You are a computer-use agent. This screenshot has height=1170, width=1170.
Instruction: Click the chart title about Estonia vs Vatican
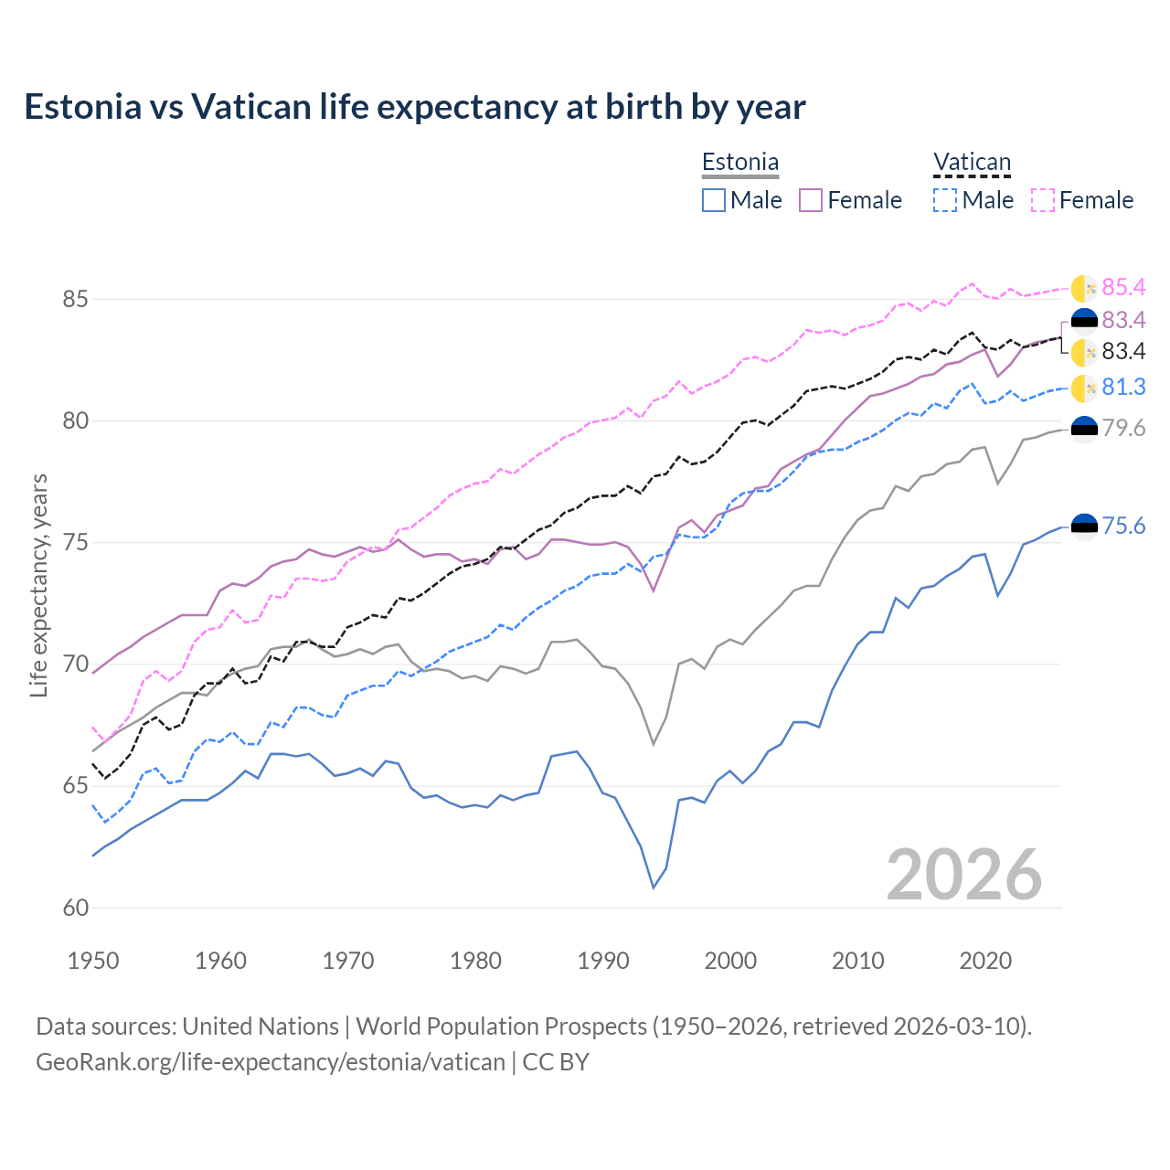tap(415, 107)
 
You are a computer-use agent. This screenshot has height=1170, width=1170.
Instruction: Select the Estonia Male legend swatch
tap(714, 200)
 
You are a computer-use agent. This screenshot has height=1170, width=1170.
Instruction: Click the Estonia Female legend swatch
tap(811, 200)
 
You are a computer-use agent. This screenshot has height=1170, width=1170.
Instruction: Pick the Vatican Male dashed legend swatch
tap(945, 200)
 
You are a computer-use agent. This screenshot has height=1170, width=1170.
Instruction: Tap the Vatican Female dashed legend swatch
tap(1043, 200)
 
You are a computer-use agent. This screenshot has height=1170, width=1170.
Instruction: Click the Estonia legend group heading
tap(740, 163)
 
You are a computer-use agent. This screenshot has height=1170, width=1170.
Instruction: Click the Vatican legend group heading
tap(972, 163)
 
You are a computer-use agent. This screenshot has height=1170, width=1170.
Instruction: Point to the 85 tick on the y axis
tap(50, 299)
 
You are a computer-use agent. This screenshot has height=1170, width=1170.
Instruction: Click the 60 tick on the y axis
tap(50, 908)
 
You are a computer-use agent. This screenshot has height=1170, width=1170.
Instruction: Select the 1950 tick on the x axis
tap(93, 961)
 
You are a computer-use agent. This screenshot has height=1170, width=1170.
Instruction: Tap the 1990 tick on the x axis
tap(603, 961)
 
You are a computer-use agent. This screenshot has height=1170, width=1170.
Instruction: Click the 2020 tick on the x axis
tap(985, 961)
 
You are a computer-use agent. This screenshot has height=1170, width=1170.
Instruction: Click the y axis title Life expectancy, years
tap(38, 585)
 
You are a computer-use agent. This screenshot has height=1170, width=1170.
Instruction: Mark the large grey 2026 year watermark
tap(963, 875)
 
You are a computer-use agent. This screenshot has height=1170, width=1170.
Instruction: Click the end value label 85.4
tap(1123, 287)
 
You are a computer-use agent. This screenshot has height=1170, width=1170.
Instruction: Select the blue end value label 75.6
tap(1123, 526)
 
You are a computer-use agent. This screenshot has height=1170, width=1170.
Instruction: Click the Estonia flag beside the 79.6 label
tap(1084, 429)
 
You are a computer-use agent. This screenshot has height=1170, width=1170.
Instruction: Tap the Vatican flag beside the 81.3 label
tap(1084, 388)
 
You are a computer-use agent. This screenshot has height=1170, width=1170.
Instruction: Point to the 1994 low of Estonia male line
tap(654, 887)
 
